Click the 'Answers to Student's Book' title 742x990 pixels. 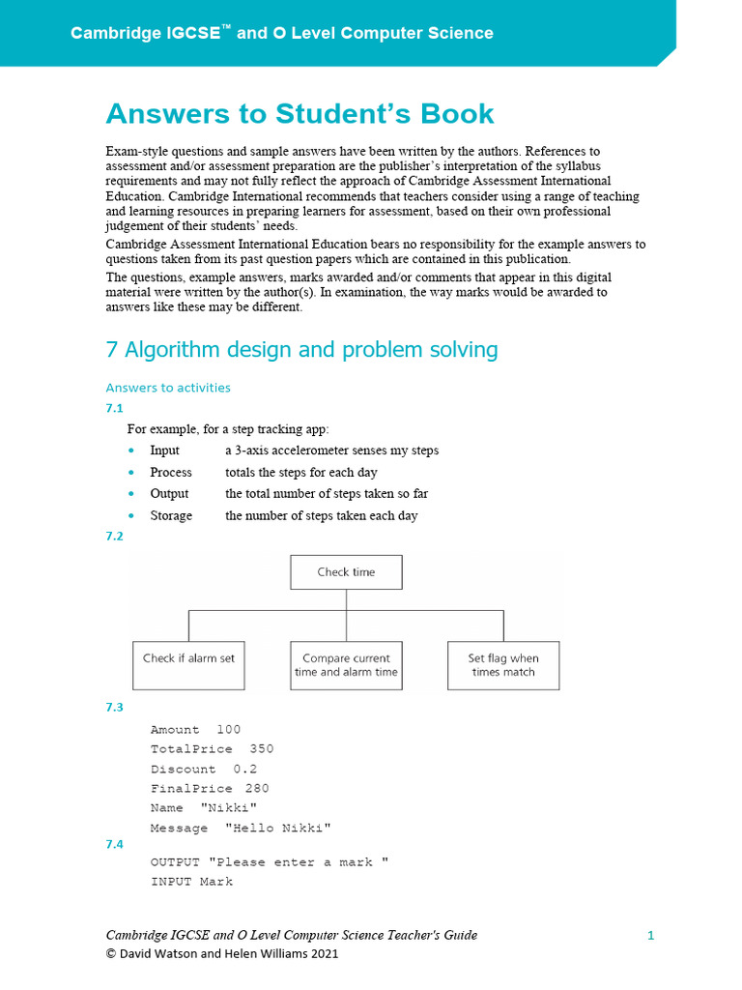tap(300, 113)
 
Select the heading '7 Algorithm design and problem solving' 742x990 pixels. tap(301, 349)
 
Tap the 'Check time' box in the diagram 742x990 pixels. tap(346, 572)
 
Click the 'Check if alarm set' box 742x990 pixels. tap(188, 664)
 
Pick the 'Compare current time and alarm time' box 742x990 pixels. tap(346, 664)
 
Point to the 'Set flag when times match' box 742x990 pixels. tap(503, 664)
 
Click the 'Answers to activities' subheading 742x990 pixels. tap(168, 388)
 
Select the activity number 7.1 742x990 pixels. tap(114, 408)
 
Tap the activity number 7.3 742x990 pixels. tap(114, 708)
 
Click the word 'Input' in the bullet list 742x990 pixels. tap(164, 451)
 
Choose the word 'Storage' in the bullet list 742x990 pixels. tap(171, 515)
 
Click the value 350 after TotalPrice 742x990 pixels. tap(262, 749)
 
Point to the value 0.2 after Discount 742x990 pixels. tap(245, 770)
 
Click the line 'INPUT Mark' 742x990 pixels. tap(191, 882)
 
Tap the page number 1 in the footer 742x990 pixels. tap(651, 935)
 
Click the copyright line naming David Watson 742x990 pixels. tap(222, 953)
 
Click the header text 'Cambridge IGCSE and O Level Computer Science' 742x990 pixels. tap(281, 33)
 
